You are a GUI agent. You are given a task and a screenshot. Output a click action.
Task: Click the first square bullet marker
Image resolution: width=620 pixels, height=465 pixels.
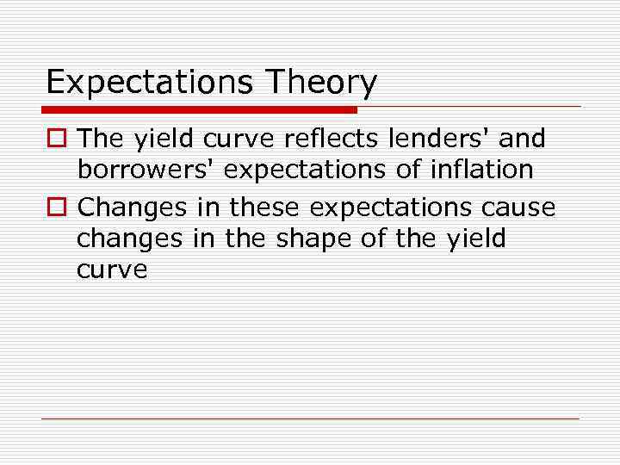56,138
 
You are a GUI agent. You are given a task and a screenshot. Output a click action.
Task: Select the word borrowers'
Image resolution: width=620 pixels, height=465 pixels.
146,170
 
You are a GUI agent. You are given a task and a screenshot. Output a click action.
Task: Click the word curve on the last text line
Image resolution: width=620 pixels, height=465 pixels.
112,270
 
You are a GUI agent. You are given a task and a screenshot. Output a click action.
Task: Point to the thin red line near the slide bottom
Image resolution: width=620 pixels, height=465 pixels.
310,419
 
